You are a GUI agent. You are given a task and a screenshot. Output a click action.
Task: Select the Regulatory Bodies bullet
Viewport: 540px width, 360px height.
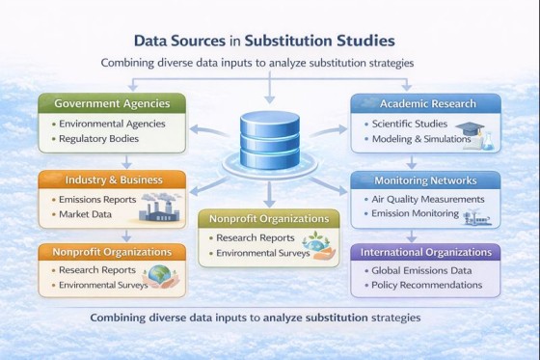97,139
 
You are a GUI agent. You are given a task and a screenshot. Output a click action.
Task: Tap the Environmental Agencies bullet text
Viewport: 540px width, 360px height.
111,124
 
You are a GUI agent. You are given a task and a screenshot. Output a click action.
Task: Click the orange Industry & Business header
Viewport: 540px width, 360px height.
113,180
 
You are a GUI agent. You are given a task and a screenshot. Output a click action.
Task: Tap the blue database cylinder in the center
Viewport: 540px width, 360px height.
270,140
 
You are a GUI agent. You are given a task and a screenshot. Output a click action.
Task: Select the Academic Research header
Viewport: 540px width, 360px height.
427,103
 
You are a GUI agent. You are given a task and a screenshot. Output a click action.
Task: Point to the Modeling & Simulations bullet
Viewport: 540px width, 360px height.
421,139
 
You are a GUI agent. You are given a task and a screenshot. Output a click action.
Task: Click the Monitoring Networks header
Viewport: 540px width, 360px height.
425,180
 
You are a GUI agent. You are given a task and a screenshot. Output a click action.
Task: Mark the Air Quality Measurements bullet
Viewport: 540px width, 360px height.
426,199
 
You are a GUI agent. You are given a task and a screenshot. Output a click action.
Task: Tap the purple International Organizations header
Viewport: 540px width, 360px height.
425,252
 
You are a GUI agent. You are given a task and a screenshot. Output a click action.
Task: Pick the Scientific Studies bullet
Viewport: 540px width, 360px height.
412,124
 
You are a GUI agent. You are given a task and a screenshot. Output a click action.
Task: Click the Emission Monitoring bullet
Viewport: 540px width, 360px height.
416,214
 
